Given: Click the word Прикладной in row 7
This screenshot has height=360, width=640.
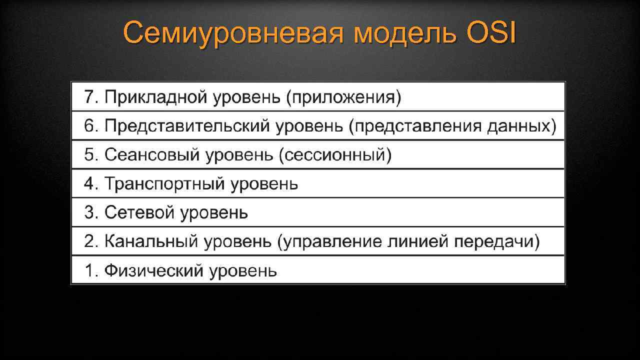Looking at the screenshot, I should [155, 97].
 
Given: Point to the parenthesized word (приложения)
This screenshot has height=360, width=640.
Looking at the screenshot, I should [343, 97].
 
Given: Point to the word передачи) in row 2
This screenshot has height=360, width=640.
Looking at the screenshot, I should [497, 242].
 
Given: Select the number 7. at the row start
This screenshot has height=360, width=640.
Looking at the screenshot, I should [90, 97].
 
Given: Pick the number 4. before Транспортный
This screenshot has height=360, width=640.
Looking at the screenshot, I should [90, 184].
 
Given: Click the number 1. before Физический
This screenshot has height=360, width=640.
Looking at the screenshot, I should [90, 271].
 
